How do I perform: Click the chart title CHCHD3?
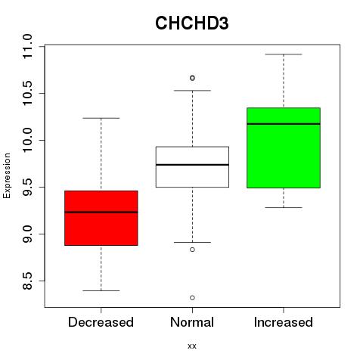coord(192,23)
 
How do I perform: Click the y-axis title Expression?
coord(7,175)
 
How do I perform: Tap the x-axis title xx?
coord(192,346)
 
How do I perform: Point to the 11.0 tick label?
coord(27,47)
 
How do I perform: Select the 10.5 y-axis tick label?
coord(27,93)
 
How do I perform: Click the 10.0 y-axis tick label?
coord(27,140)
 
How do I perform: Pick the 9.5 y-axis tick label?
coord(27,187)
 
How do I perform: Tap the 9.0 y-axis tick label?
coord(27,234)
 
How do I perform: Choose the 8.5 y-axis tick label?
coord(27,281)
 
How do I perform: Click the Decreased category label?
coord(101,322)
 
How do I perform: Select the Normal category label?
coord(192,322)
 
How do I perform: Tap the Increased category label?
coord(284,322)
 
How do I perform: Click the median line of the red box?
coord(101,212)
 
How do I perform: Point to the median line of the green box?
coord(284,124)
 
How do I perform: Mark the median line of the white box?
coord(192,165)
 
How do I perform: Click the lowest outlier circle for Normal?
coord(192,298)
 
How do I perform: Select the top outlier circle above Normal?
coord(192,78)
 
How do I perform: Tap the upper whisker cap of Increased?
coord(284,54)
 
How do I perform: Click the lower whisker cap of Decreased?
coord(101,290)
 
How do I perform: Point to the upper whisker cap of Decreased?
coord(101,118)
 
